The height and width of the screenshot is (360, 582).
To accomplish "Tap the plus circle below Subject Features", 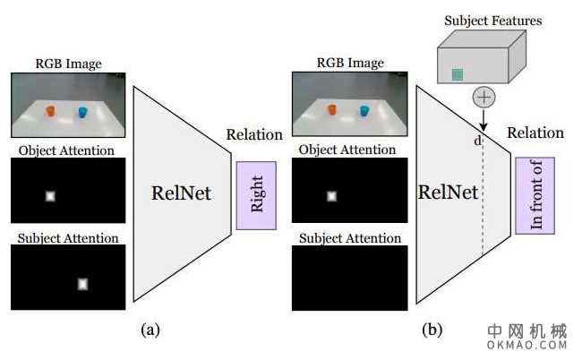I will pyautogui.click(x=484, y=97).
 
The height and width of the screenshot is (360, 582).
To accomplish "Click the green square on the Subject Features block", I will pyautogui.click(x=458, y=75).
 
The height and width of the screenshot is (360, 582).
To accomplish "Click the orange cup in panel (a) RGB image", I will pyautogui.click(x=50, y=112).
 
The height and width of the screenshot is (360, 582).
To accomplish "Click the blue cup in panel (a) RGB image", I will pyautogui.click(x=82, y=112).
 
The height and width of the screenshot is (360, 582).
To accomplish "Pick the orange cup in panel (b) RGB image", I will pyautogui.click(x=332, y=110).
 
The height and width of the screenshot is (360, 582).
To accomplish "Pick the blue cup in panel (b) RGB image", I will pyautogui.click(x=365, y=110).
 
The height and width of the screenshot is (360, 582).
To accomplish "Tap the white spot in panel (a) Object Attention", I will pyautogui.click(x=50, y=195).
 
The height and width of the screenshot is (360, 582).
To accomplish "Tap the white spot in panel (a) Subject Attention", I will pyautogui.click(x=82, y=284).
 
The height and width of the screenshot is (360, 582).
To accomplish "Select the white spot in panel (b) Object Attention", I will pyautogui.click(x=332, y=195).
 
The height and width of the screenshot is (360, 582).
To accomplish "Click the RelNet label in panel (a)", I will pyautogui.click(x=182, y=193).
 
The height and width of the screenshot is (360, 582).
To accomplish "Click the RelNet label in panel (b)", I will pyautogui.click(x=449, y=193).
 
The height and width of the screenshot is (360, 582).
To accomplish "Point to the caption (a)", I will pyautogui.click(x=150, y=330).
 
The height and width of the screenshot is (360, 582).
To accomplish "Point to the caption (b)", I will pyautogui.click(x=432, y=330).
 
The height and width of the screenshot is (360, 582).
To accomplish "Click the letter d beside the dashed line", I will pyautogui.click(x=476, y=141).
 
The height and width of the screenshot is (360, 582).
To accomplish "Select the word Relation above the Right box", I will pyautogui.click(x=254, y=135).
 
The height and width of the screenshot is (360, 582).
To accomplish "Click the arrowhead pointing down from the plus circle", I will pyautogui.click(x=484, y=125).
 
